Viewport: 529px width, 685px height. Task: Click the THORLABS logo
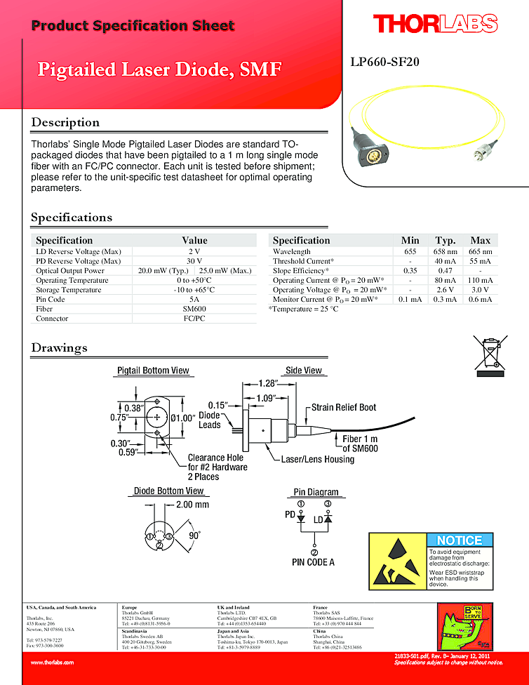[435, 25]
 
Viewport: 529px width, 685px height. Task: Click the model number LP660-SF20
[384, 62]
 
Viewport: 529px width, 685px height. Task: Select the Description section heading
[65, 123]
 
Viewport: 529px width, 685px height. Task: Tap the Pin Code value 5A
[194, 299]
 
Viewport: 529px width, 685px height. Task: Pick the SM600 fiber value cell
[194, 309]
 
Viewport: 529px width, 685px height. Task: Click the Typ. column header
[445, 240]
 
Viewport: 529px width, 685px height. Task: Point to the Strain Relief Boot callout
[344, 408]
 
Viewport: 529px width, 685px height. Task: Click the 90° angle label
[194, 536]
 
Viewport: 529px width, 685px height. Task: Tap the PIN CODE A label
[313, 562]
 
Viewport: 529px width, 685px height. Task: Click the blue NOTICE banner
[460, 540]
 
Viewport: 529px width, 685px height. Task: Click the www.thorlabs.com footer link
[52, 662]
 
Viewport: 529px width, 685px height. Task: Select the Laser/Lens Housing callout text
[318, 460]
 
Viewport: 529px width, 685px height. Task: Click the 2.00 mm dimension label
[192, 505]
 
